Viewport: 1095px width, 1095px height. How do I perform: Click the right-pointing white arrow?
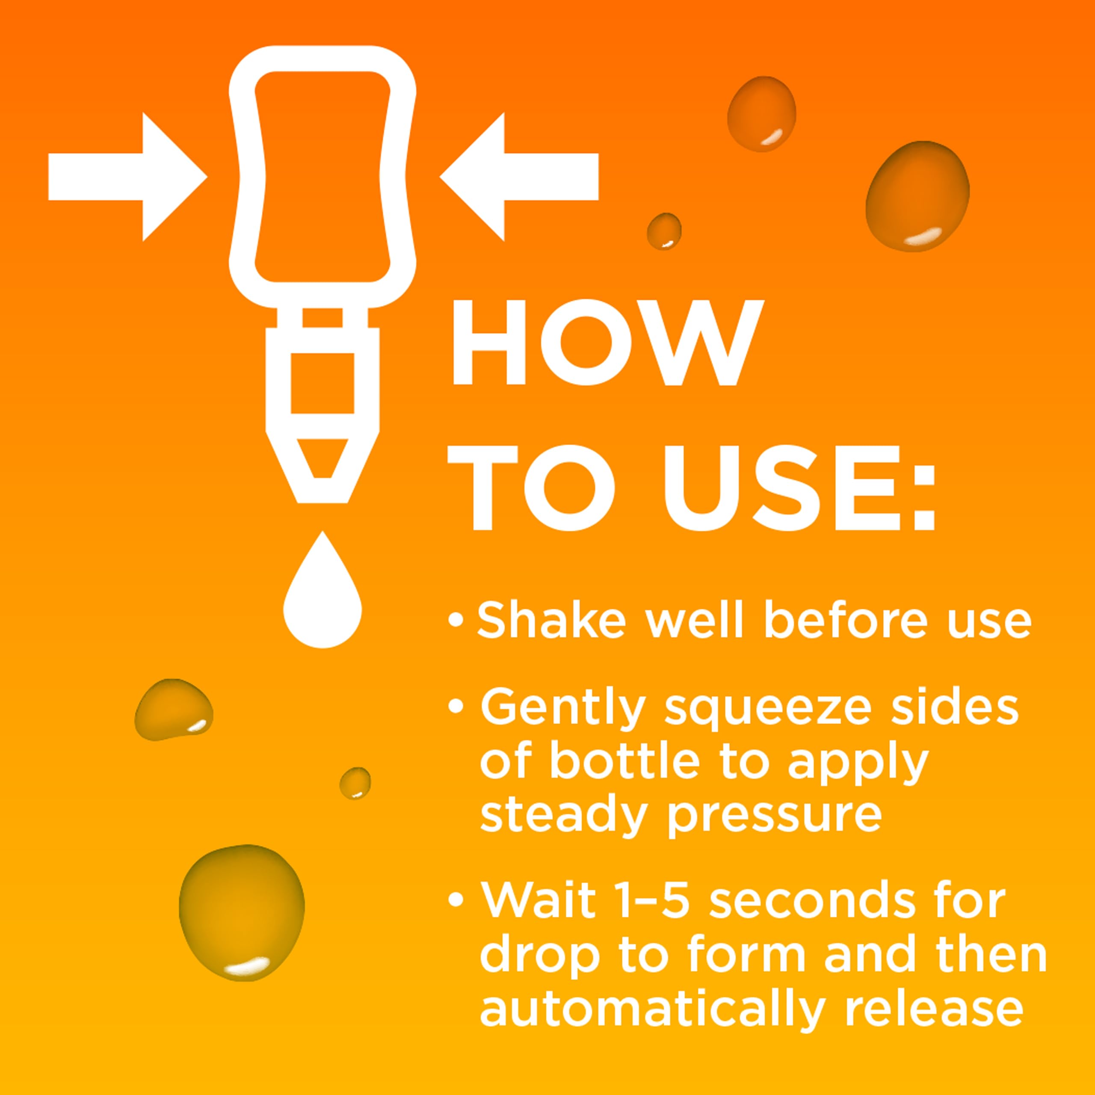(x=127, y=177)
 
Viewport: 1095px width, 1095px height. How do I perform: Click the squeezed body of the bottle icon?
(x=323, y=177)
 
